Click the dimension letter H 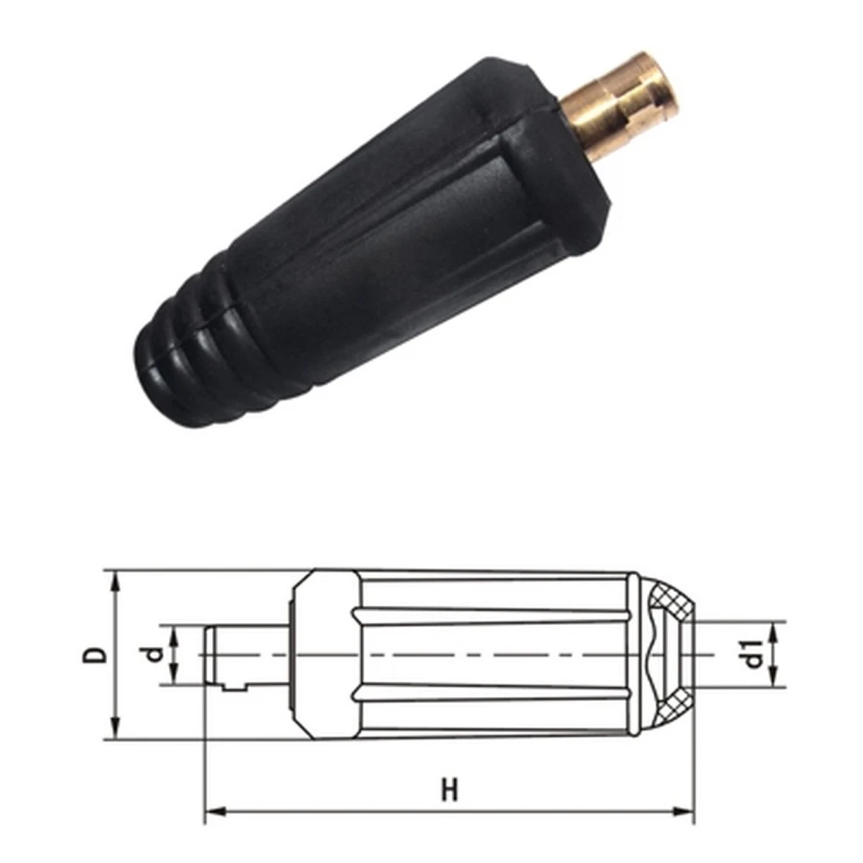pyautogui.click(x=449, y=790)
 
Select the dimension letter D pyautogui.click(x=98, y=653)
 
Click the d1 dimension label pyautogui.click(x=754, y=653)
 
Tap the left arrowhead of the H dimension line pyautogui.click(x=212, y=811)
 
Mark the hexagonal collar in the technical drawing pyautogui.click(x=324, y=653)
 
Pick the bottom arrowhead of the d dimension pyautogui.click(x=175, y=677)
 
